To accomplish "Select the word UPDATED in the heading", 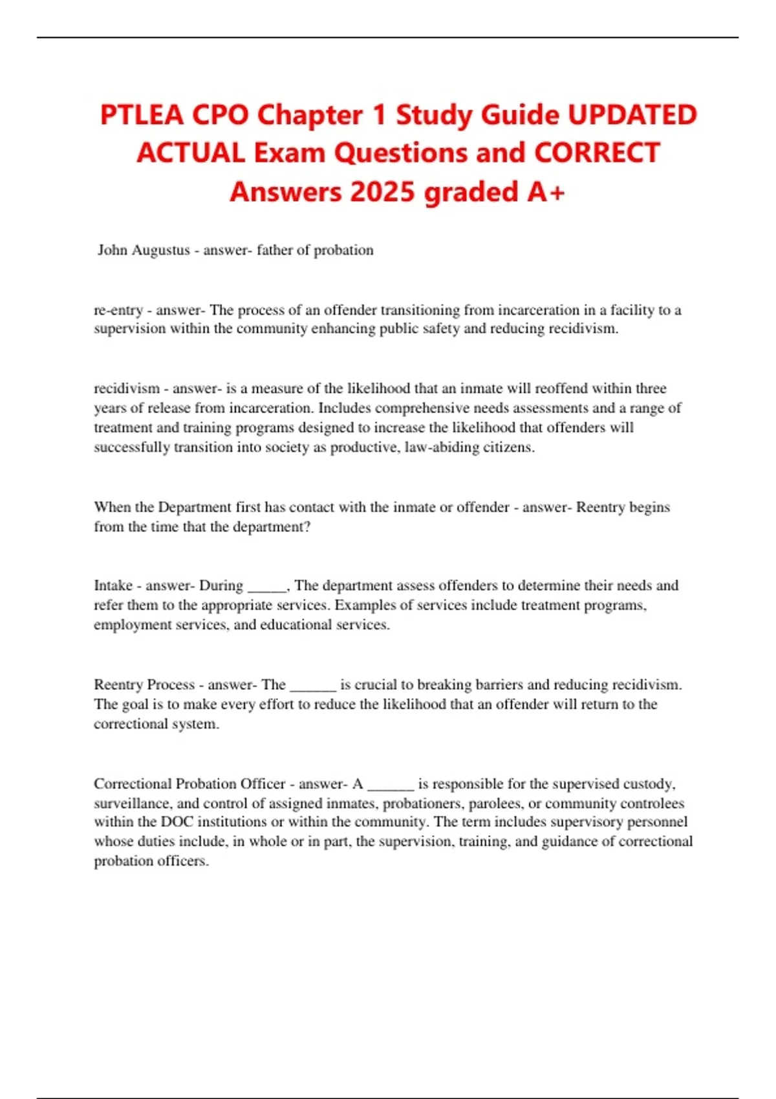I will (632, 116).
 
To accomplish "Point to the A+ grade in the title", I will (546, 192).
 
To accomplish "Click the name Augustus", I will (161, 250).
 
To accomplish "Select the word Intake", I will (113, 586).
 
